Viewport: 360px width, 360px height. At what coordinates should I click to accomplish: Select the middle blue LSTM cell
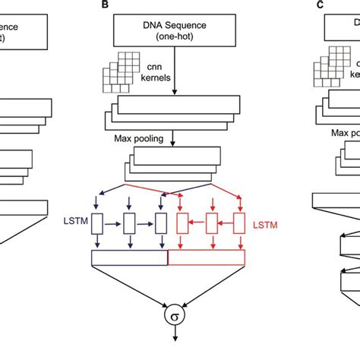click(130, 223)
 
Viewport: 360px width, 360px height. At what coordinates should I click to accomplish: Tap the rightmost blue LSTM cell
click(160, 223)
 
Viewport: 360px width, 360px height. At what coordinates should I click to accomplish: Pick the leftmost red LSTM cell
click(182, 223)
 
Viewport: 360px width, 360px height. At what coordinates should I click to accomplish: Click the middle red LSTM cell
click(211, 223)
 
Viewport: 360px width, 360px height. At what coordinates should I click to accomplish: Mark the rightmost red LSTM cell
click(239, 223)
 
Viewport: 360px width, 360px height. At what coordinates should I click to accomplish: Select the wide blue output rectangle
click(129, 259)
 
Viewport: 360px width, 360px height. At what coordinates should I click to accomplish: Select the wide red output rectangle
click(207, 259)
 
